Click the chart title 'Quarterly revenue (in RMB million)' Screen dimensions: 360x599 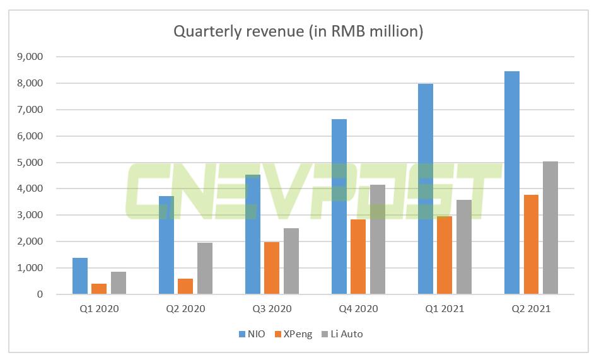(x=298, y=32)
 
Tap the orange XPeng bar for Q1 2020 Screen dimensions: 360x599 (x=99, y=289)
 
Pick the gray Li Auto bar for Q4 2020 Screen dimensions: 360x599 (x=378, y=240)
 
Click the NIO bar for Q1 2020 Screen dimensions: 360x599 (x=80, y=276)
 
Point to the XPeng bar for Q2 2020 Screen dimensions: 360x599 (x=185, y=286)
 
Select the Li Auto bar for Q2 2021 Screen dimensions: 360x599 (x=550, y=228)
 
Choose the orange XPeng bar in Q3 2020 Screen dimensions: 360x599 (x=272, y=268)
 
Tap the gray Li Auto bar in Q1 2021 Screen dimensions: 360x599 (x=464, y=247)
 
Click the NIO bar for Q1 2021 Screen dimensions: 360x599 (x=426, y=189)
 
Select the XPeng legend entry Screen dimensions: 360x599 (x=294, y=334)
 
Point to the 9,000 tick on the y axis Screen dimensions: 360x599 (x=30, y=57)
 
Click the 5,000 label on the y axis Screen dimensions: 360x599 (x=30, y=162)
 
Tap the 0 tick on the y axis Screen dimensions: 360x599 (x=39, y=294)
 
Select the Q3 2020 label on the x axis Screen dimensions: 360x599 (x=272, y=309)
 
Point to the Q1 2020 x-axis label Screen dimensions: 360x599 (x=99, y=309)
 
